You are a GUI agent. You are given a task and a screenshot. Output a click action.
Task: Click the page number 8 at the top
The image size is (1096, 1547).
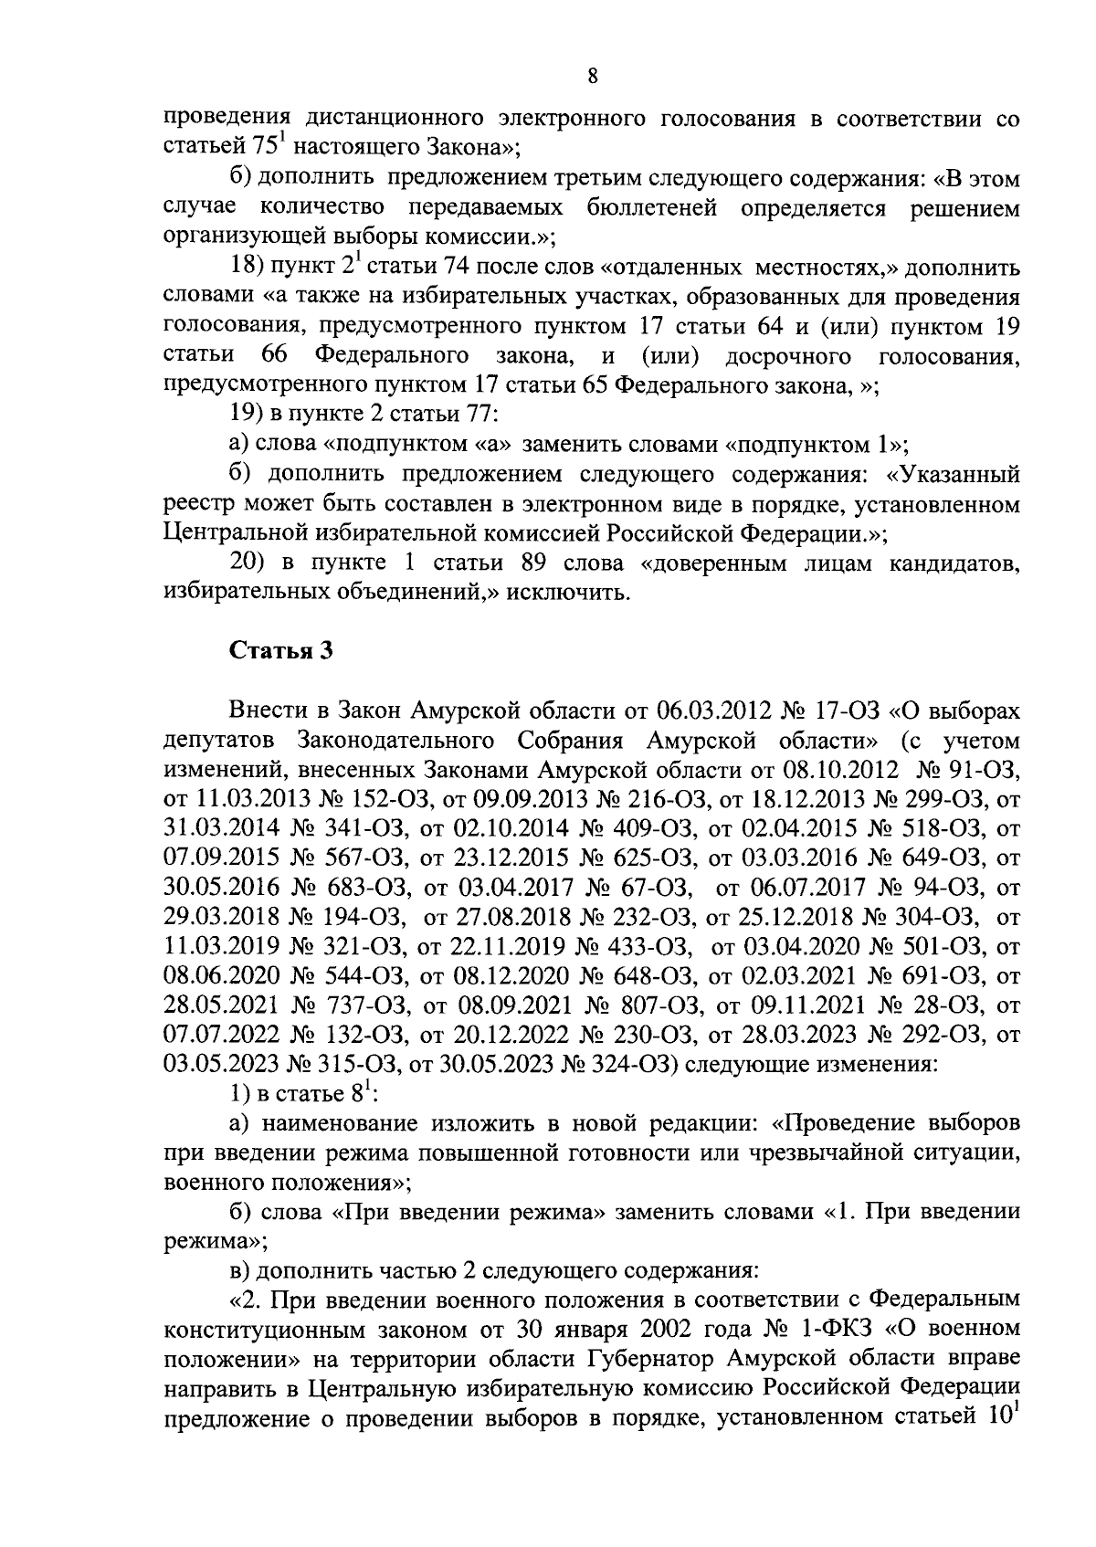tap(593, 78)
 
